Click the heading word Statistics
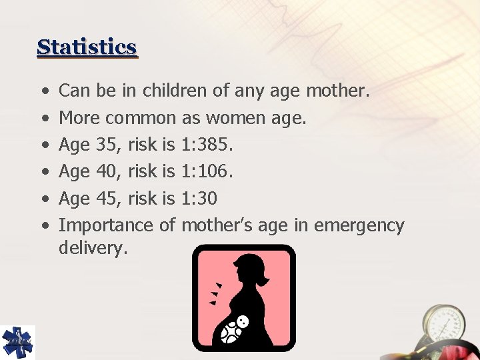pyautogui.click(x=87, y=47)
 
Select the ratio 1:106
pyautogui.click(x=207, y=172)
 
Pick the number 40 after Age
pyautogui.click(x=106, y=172)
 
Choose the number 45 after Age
pyautogui.click(x=106, y=199)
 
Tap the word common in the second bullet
pyautogui.click(x=141, y=119)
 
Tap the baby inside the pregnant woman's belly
pyautogui.click(x=235, y=328)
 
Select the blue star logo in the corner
pyautogui.click(x=17, y=342)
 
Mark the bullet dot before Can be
pyautogui.click(x=43, y=91)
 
